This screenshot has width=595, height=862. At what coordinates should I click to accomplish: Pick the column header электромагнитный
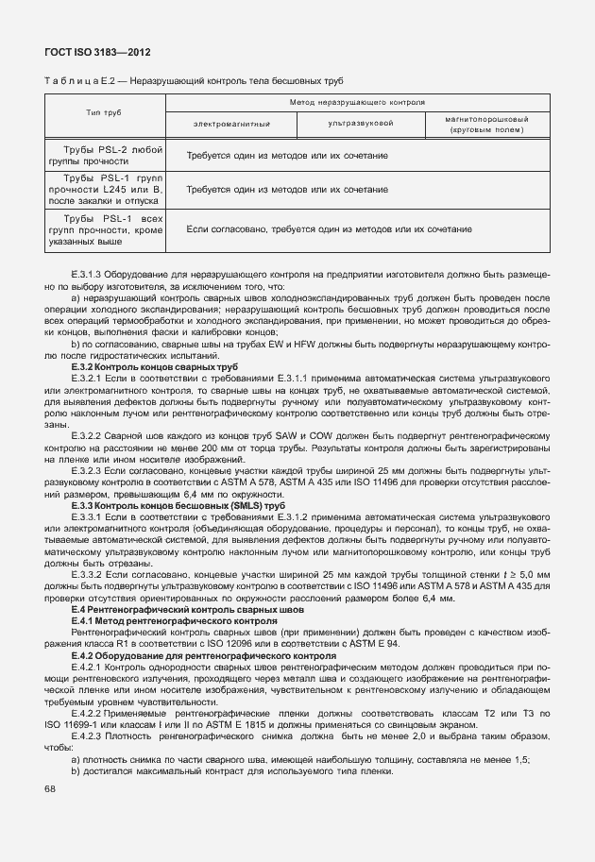pos(232,124)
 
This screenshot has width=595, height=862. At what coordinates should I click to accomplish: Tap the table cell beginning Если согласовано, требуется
pos(329,229)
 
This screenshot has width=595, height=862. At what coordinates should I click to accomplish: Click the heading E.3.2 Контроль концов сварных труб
pos(155,365)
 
